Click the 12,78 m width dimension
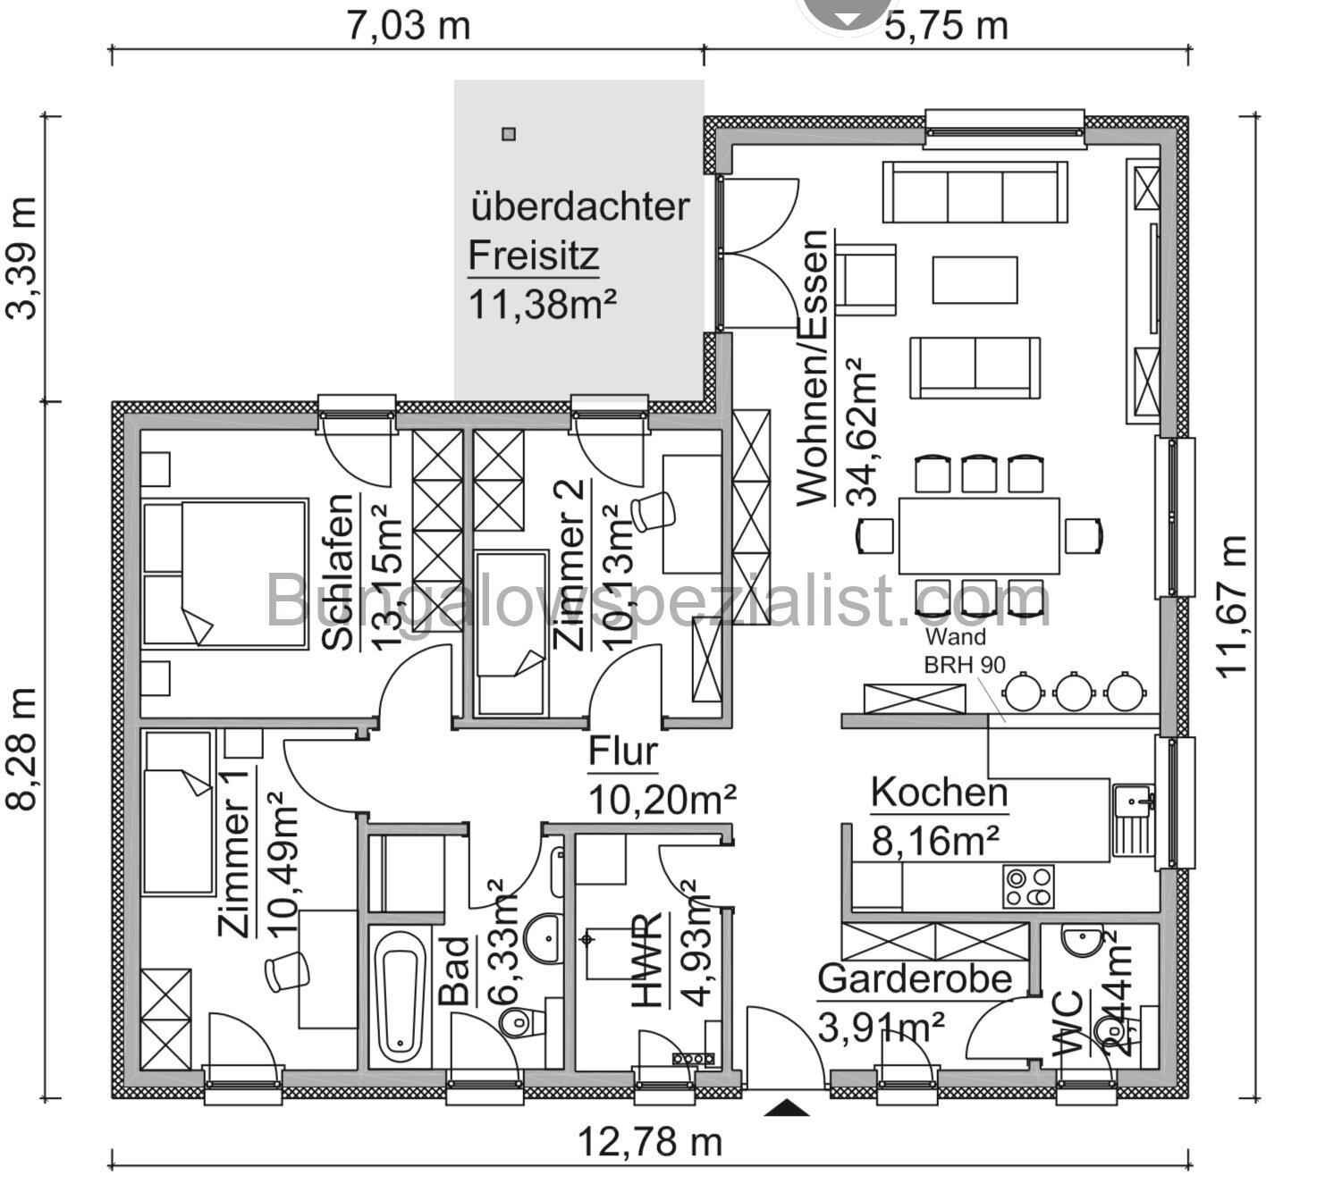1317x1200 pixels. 650,1141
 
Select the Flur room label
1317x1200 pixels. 623,752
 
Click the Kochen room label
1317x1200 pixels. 939,793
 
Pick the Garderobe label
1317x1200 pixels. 914,979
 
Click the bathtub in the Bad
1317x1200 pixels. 399,997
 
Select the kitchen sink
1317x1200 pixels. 1133,819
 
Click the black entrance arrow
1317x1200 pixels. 787,1109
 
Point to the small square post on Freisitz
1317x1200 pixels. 509,135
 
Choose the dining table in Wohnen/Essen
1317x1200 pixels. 979,536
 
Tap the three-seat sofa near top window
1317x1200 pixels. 975,192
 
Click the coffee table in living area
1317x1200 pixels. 975,281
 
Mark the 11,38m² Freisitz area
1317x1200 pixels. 543,305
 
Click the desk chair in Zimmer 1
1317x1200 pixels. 287,970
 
